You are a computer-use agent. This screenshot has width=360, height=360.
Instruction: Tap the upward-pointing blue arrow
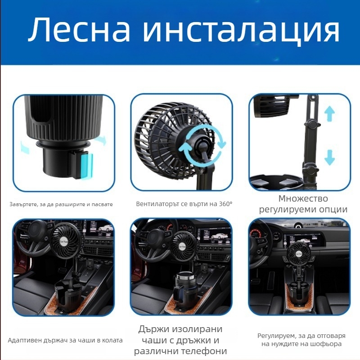tap(330, 113)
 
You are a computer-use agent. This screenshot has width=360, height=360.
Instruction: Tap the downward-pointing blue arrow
tap(330, 157)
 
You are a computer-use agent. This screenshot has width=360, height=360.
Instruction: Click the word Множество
tap(303, 199)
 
